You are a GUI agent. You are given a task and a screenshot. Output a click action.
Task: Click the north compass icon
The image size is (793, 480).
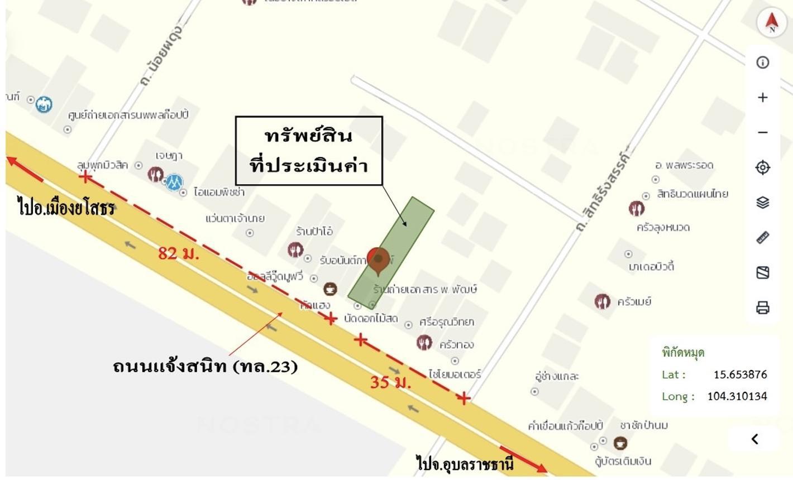[x=771, y=22]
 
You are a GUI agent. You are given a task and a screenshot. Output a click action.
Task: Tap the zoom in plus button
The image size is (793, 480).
[x=763, y=97]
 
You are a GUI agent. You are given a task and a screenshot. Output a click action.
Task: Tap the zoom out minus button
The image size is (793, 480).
[x=763, y=132]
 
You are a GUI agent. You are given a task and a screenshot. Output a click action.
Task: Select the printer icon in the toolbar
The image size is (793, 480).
[x=763, y=308]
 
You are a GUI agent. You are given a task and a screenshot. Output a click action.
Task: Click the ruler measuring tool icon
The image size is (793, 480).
[x=763, y=238]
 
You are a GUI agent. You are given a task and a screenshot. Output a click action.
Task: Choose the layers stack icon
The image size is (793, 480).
[x=763, y=203]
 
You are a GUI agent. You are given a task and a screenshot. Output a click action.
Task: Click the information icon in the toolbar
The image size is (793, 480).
[x=763, y=62]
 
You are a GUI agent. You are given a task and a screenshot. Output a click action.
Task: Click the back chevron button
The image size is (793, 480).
[x=754, y=439]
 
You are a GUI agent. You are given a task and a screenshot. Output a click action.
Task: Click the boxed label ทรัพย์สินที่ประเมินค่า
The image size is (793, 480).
[x=309, y=151]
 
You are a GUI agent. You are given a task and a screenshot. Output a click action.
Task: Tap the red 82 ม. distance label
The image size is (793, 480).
[x=179, y=253]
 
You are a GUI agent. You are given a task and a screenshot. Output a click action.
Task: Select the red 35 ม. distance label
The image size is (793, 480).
[x=390, y=382]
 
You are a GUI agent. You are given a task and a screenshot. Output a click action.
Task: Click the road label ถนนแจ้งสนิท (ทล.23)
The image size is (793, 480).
[x=205, y=366]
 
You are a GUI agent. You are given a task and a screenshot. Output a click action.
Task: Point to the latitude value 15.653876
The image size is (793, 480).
[x=740, y=375]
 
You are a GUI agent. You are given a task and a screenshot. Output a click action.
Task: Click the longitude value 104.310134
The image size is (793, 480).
[x=737, y=396]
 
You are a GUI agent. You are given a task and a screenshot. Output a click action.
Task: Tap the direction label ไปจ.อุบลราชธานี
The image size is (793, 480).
[x=465, y=463]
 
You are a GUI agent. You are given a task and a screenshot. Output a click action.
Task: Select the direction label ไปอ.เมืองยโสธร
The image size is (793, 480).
[x=66, y=208]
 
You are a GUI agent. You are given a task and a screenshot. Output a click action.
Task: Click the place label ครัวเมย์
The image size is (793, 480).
[x=634, y=302]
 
